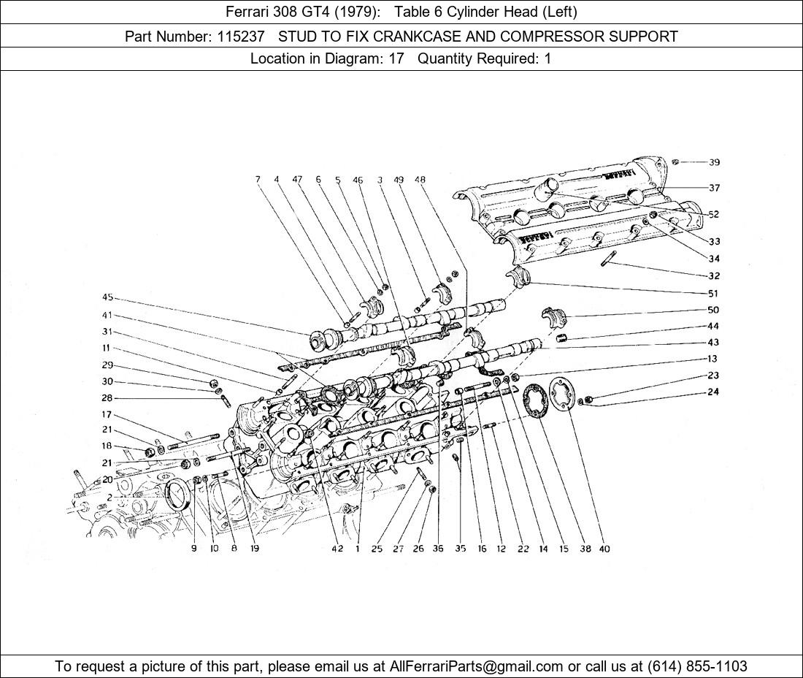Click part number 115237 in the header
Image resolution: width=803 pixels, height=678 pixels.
(242, 36)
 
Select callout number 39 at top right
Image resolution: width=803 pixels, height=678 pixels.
(714, 162)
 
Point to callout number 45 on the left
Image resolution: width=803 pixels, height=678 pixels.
(108, 297)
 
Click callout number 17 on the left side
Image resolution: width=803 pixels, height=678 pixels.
(107, 414)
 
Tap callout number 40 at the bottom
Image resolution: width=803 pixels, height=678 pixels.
(604, 549)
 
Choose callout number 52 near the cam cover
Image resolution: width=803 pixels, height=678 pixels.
(713, 214)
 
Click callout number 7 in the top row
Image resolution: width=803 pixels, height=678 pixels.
(258, 179)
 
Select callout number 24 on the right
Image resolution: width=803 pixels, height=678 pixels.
(713, 392)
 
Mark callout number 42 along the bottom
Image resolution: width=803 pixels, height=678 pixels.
(337, 549)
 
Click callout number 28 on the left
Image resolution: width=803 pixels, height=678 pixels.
(107, 398)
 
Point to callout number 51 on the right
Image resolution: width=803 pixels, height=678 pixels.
(713, 293)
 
